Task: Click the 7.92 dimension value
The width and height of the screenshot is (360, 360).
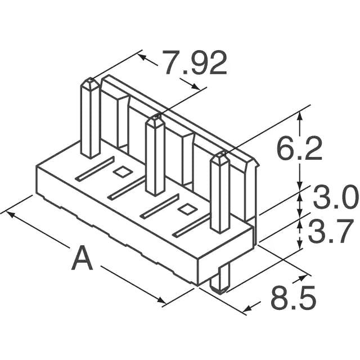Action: pyautogui.click(x=195, y=63)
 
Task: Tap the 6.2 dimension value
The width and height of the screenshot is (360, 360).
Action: pyautogui.click(x=300, y=150)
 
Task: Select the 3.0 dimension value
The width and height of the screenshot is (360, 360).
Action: pyautogui.click(x=335, y=199)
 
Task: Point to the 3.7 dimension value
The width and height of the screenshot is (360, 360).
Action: pyautogui.click(x=335, y=233)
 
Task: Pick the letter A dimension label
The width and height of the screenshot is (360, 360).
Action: pyautogui.click(x=82, y=259)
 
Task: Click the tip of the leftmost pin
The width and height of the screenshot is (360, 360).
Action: pyautogui.click(x=90, y=84)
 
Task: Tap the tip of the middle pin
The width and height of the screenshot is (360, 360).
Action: pyautogui.click(x=155, y=120)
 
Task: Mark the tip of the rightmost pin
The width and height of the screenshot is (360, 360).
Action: pyautogui.click(x=220, y=157)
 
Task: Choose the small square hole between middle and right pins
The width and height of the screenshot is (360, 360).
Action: pyautogui.click(x=185, y=210)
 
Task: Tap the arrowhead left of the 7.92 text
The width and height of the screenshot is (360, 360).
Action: pyautogui.click(x=143, y=56)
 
